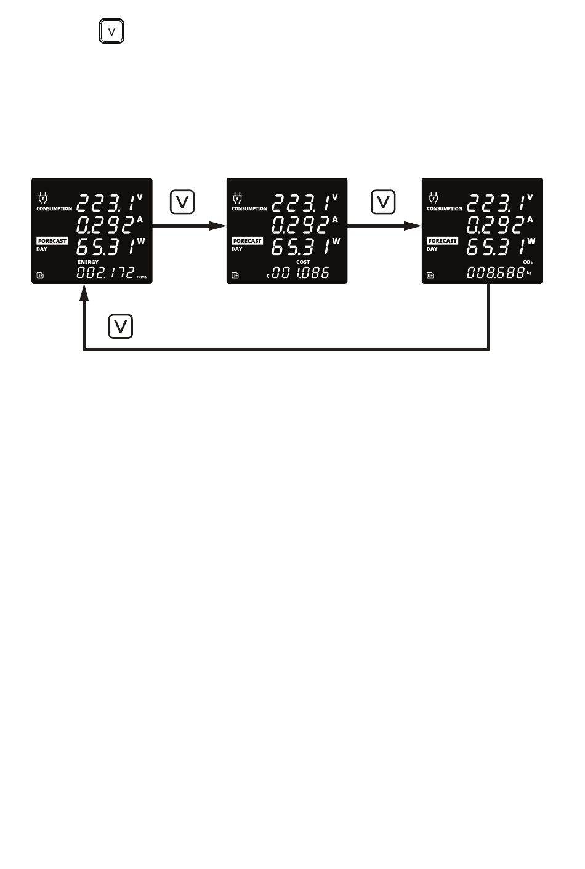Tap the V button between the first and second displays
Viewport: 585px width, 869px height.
pyautogui.click(x=182, y=202)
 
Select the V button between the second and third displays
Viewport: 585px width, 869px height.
pyautogui.click(x=383, y=202)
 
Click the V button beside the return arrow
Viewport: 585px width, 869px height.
pyautogui.click(x=121, y=326)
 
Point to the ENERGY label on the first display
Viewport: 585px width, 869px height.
pyautogui.click(x=88, y=262)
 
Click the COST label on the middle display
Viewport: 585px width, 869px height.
pyautogui.click(x=303, y=262)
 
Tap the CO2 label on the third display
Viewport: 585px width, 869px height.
pyautogui.click(x=527, y=262)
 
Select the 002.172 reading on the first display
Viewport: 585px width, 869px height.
pyautogui.click(x=105, y=272)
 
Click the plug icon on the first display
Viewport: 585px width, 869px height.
pyautogui.click(x=42, y=198)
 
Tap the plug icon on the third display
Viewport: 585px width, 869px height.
pyautogui.click(x=433, y=198)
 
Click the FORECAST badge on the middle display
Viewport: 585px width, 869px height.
pyautogui.click(x=247, y=241)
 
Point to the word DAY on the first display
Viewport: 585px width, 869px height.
pyautogui.click(x=42, y=249)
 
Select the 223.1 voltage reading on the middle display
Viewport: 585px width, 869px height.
pyautogui.click(x=300, y=202)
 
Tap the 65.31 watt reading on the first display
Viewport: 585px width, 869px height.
pyautogui.click(x=105, y=247)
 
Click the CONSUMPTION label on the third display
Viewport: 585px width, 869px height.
pyautogui.click(x=444, y=208)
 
